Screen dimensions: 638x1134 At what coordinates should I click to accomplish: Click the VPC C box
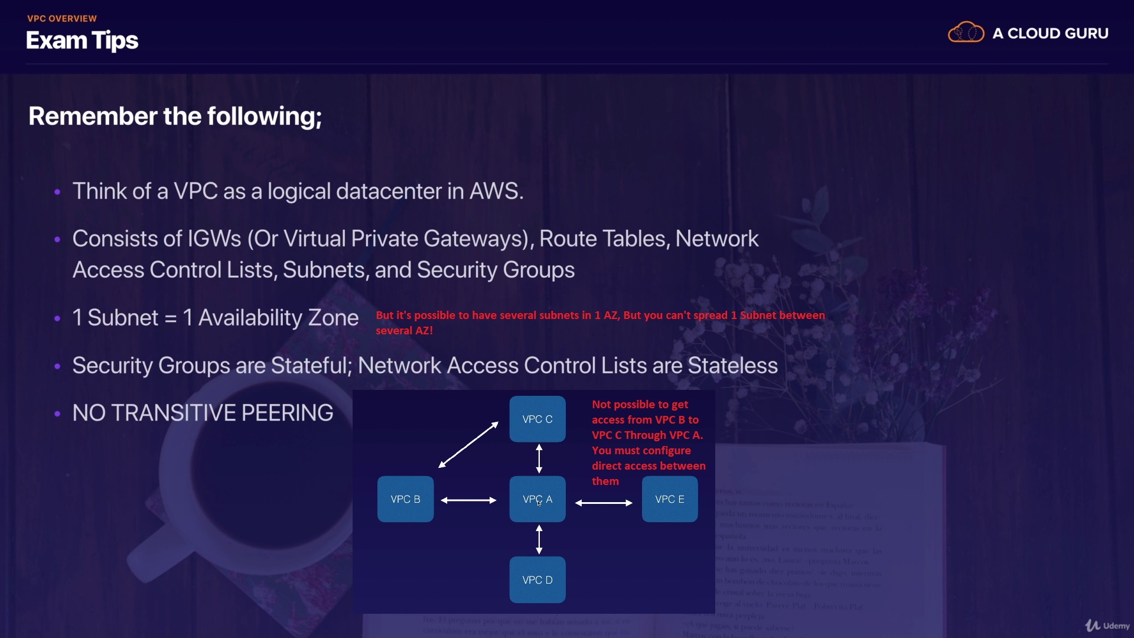click(537, 419)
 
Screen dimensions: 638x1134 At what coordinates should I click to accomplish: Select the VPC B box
click(405, 499)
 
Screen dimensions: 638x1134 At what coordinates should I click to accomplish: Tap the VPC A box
click(537, 499)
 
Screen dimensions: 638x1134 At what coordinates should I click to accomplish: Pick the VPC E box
click(669, 499)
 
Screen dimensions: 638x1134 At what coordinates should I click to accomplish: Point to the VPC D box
click(537, 580)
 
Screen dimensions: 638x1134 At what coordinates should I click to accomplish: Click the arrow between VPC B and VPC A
click(468, 500)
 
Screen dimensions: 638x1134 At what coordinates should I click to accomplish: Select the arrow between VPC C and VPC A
click(539, 458)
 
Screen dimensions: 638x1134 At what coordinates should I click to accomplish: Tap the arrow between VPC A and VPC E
click(604, 503)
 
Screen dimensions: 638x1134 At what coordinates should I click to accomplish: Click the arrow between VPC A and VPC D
click(539, 539)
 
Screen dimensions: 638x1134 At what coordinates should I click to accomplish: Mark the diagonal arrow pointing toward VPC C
click(468, 445)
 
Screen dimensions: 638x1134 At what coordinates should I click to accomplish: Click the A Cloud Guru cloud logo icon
click(966, 32)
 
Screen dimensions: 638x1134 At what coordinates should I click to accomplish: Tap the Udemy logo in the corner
click(1107, 626)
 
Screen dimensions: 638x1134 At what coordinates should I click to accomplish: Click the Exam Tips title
click(82, 40)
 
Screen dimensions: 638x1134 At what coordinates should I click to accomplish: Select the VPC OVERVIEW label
click(62, 18)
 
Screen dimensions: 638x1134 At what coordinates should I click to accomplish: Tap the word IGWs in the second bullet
click(214, 239)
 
